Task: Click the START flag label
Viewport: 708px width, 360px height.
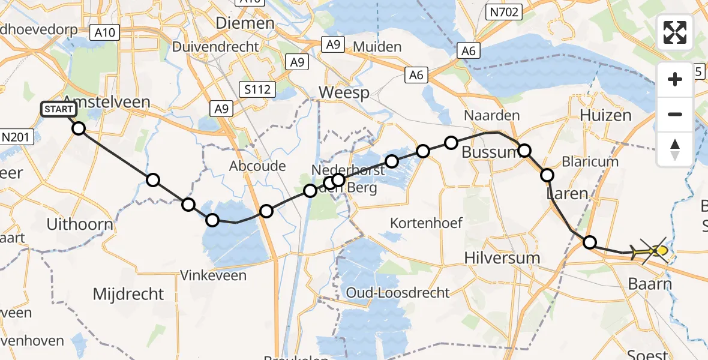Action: click(59, 109)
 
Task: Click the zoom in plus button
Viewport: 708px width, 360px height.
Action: click(675, 79)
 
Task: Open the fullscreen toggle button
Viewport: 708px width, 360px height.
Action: click(675, 32)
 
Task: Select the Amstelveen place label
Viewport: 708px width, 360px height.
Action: click(106, 101)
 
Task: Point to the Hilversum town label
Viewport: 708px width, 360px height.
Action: click(502, 257)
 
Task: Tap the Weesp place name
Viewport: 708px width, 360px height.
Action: click(344, 92)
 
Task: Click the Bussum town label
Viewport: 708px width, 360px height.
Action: click(490, 152)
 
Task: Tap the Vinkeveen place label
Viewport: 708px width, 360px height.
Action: click(214, 275)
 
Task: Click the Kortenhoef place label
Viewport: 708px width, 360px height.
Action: click(426, 223)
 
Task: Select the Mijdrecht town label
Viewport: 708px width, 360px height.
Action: click(128, 294)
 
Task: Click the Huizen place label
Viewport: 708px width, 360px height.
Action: click(606, 115)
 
